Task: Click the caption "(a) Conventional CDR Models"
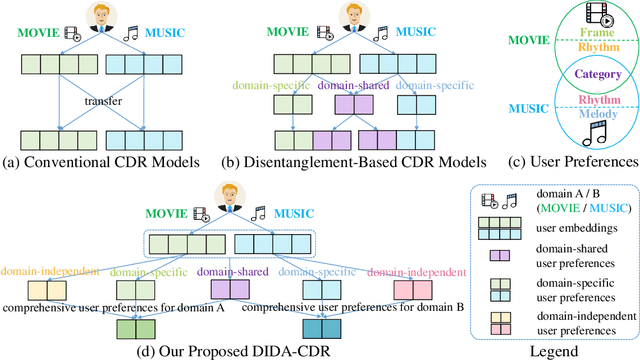click(93, 161)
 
